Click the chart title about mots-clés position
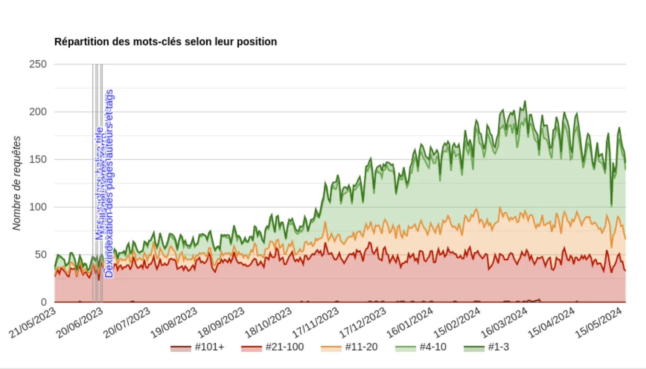165,42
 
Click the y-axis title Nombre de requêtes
17,183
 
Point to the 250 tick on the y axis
38,64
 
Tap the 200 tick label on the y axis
38,112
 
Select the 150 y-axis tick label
38,160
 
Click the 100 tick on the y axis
38,207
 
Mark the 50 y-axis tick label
40,255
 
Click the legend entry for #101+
197,347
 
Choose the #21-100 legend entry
272,347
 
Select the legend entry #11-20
349,347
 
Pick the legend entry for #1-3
487,347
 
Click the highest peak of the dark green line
525,101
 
